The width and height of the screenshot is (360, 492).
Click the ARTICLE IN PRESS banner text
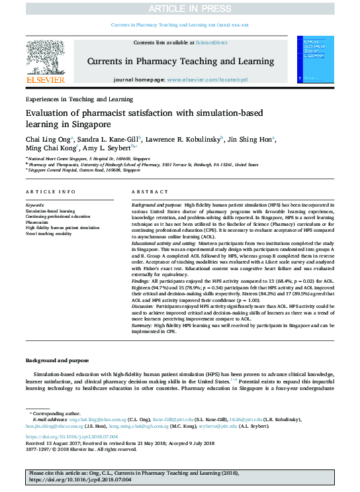click(x=180, y=9)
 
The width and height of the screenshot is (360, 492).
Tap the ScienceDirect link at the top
click(x=211, y=42)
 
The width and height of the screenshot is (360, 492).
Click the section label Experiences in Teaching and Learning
click(x=79, y=99)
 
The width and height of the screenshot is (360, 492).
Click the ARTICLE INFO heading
click(x=50, y=192)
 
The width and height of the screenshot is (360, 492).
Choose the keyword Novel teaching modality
click(x=50, y=232)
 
